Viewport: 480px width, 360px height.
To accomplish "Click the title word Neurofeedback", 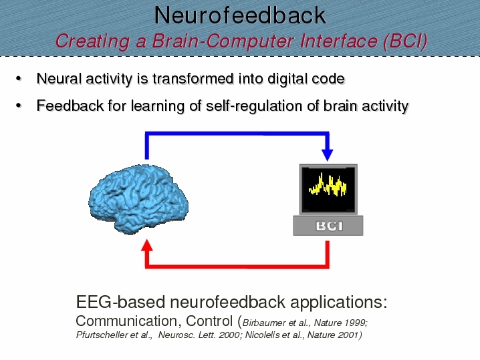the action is (x=240, y=15).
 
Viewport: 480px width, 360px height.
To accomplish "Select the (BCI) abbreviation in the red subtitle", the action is (x=405, y=41).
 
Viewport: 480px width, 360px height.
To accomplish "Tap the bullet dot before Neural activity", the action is (x=19, y=79).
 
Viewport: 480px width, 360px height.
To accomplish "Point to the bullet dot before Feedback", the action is (x=19, y=106).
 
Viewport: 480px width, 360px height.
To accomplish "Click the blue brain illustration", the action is (x=138, y=199).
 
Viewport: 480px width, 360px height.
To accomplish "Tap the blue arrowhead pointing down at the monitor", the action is (x=328, y=155).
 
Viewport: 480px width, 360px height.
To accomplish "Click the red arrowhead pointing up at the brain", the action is (x=147, y=245).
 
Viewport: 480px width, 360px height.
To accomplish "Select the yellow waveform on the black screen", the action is (x=328, y=184).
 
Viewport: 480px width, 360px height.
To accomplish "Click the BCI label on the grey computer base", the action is (x=330, y=226).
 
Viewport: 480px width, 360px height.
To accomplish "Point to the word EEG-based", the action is (x=120, y=302).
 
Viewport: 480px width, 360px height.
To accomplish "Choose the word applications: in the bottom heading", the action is (x=338, y=303).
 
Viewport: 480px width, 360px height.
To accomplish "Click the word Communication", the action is (x=126, y=321).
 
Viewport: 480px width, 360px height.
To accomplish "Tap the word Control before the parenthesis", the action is (x=209, y=321).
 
